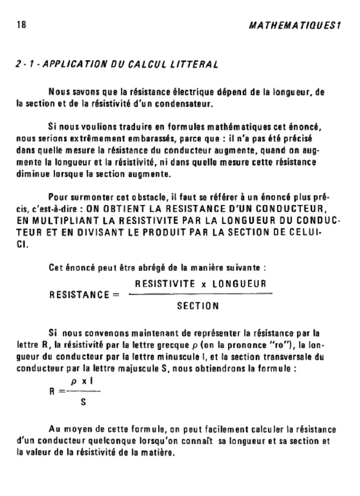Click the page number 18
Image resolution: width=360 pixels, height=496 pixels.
tap(20, 26)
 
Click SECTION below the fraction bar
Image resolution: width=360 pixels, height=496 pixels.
tap(198, 306)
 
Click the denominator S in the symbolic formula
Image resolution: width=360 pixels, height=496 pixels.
tap(83, 402)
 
